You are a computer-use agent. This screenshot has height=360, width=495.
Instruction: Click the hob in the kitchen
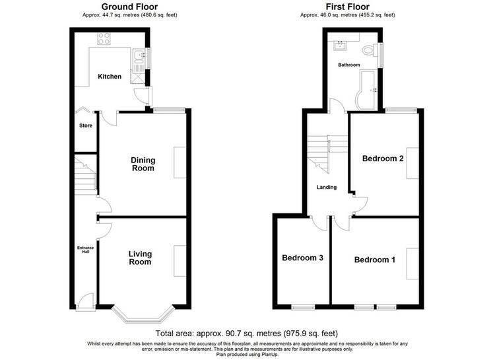pyautogui.click(x=104, y=38)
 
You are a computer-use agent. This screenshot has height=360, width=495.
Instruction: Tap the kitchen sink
pyautogui.click(x=138, y=56)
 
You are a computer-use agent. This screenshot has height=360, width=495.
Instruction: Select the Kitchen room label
pyautogui.click(x=110, y=77)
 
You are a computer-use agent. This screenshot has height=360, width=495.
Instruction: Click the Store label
pyautogui.click(x=86, y=126)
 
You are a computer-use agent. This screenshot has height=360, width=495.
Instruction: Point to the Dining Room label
pyautogui.click(x=143, y=164)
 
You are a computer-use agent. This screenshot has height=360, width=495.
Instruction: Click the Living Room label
pyautogui.click(x=140, y=258)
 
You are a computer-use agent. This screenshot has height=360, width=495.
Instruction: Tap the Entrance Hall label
pyautogui.click(x=86, y=250)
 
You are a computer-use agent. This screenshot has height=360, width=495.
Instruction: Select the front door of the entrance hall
pyautogui.click(x=86, y=302)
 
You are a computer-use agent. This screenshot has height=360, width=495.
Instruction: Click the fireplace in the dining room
pyautogui.click(x=180, y=162)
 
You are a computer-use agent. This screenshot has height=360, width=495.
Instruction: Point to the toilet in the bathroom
pyautogui.click(x=370, y=51)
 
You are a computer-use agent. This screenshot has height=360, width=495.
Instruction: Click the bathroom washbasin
pyautogui.click(x=341, y=46)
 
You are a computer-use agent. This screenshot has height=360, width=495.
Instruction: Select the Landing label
pyautogui.click(x=327, y=187)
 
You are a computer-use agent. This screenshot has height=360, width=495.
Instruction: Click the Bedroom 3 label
pyautogui.click(x=302, y=258)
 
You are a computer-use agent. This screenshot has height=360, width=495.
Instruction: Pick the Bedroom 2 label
pyautogui.click(x=383, y=159)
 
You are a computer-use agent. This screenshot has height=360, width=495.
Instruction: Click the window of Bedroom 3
pyautogui.click(x=303, y=307)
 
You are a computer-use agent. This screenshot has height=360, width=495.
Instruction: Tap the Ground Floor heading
pyautogui.click(x=130, y=7)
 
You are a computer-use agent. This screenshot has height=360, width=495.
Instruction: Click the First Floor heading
pyautogui.click(x=348, y=7)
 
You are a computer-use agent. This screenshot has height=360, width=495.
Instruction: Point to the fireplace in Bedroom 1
pyautogui.click(x=412, y=264)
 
